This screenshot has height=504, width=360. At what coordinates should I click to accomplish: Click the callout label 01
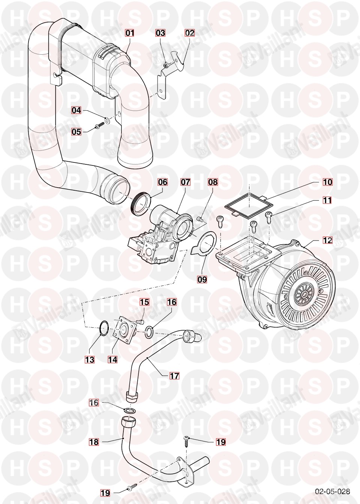coord(130,33)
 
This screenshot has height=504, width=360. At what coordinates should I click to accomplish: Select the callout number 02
coord(190,33)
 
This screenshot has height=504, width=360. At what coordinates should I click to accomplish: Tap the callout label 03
coord(160,33)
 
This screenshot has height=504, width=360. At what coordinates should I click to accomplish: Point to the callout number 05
coord(76,131)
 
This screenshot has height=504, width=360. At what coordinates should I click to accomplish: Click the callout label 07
coord(185,182)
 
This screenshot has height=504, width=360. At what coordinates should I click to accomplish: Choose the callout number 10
coord(327,182)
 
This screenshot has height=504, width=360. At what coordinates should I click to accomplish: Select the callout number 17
coord(174,375)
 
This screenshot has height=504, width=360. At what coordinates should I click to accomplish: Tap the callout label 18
coord(94,442)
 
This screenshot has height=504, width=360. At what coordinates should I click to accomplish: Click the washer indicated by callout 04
coord(108,120)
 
